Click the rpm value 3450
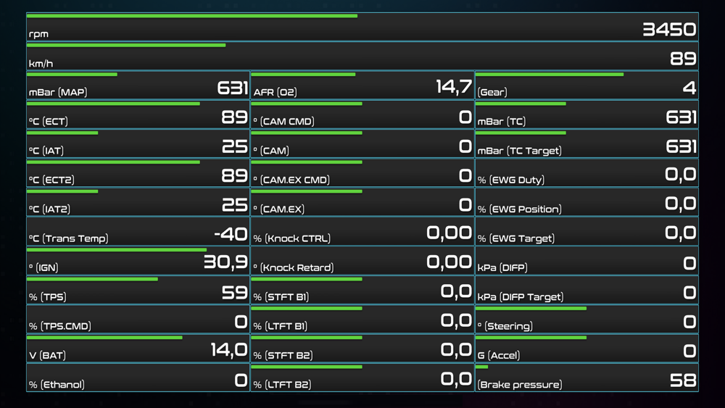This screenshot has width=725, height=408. click(x=669, y=30)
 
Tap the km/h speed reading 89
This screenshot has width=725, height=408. click(x=683, y=59)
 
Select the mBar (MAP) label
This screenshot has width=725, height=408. click(x=58, y=92)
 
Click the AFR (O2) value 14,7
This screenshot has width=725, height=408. click(x=454, y=88)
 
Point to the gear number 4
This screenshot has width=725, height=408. click(x=689, y=88)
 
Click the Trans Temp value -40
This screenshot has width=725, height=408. click(x=231, y=234)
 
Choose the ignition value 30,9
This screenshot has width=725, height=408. click(x=225, y=262)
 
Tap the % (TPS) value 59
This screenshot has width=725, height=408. click(x=235, y=292)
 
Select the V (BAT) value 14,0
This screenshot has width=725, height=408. click(x=228, y=351)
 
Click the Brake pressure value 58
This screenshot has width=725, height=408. click(x=683, y=380)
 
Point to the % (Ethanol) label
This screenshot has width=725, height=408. click(x=57, y=385)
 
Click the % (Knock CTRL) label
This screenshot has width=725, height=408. click(x=291, y=238)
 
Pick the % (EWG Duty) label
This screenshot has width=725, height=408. click(x=511, y=180)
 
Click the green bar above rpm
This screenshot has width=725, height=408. click(x=192, y=15)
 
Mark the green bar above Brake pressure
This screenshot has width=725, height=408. click(x=482, y=367)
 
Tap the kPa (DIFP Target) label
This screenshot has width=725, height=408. click(x=521, y=297)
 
